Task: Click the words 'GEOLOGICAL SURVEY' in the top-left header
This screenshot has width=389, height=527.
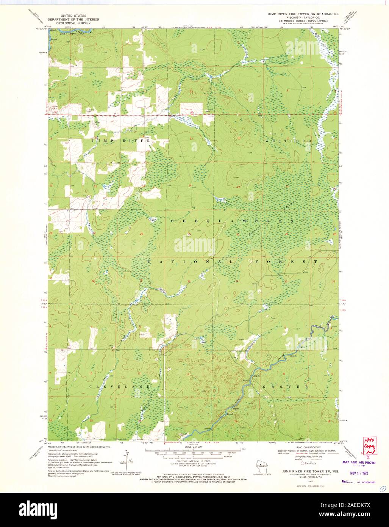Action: [x=72, y=23]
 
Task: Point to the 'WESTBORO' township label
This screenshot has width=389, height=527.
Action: [x=288, y=141]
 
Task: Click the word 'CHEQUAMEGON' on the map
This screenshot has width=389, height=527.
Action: [x=232, y=221]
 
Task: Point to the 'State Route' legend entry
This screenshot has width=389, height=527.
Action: [x=311, y=463]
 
